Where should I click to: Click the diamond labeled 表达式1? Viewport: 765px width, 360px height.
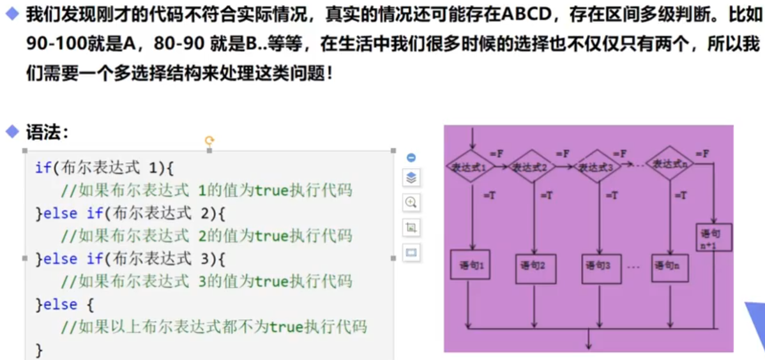pos(470,167)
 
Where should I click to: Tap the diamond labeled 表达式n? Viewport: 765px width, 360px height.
pos(669,164)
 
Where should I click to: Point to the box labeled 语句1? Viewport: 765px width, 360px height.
pos(471,264)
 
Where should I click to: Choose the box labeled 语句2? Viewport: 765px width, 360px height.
pos(533,264)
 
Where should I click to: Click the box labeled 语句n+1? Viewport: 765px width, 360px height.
pos(714,237)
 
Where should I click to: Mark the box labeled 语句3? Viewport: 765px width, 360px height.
pos(600,264)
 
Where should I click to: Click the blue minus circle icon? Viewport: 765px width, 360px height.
pos(411,158)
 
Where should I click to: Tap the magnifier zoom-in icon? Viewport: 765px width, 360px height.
pos(411,202)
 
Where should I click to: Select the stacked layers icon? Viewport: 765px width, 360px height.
pos(411,178)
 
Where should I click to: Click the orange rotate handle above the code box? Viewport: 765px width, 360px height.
pos(209,140)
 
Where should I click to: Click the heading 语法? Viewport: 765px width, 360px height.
pos(47,133)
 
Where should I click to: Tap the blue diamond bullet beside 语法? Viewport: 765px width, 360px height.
pos(12,132)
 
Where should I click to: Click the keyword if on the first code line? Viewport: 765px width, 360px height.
pos(43,168)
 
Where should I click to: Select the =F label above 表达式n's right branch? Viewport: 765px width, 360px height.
pos(702,154)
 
